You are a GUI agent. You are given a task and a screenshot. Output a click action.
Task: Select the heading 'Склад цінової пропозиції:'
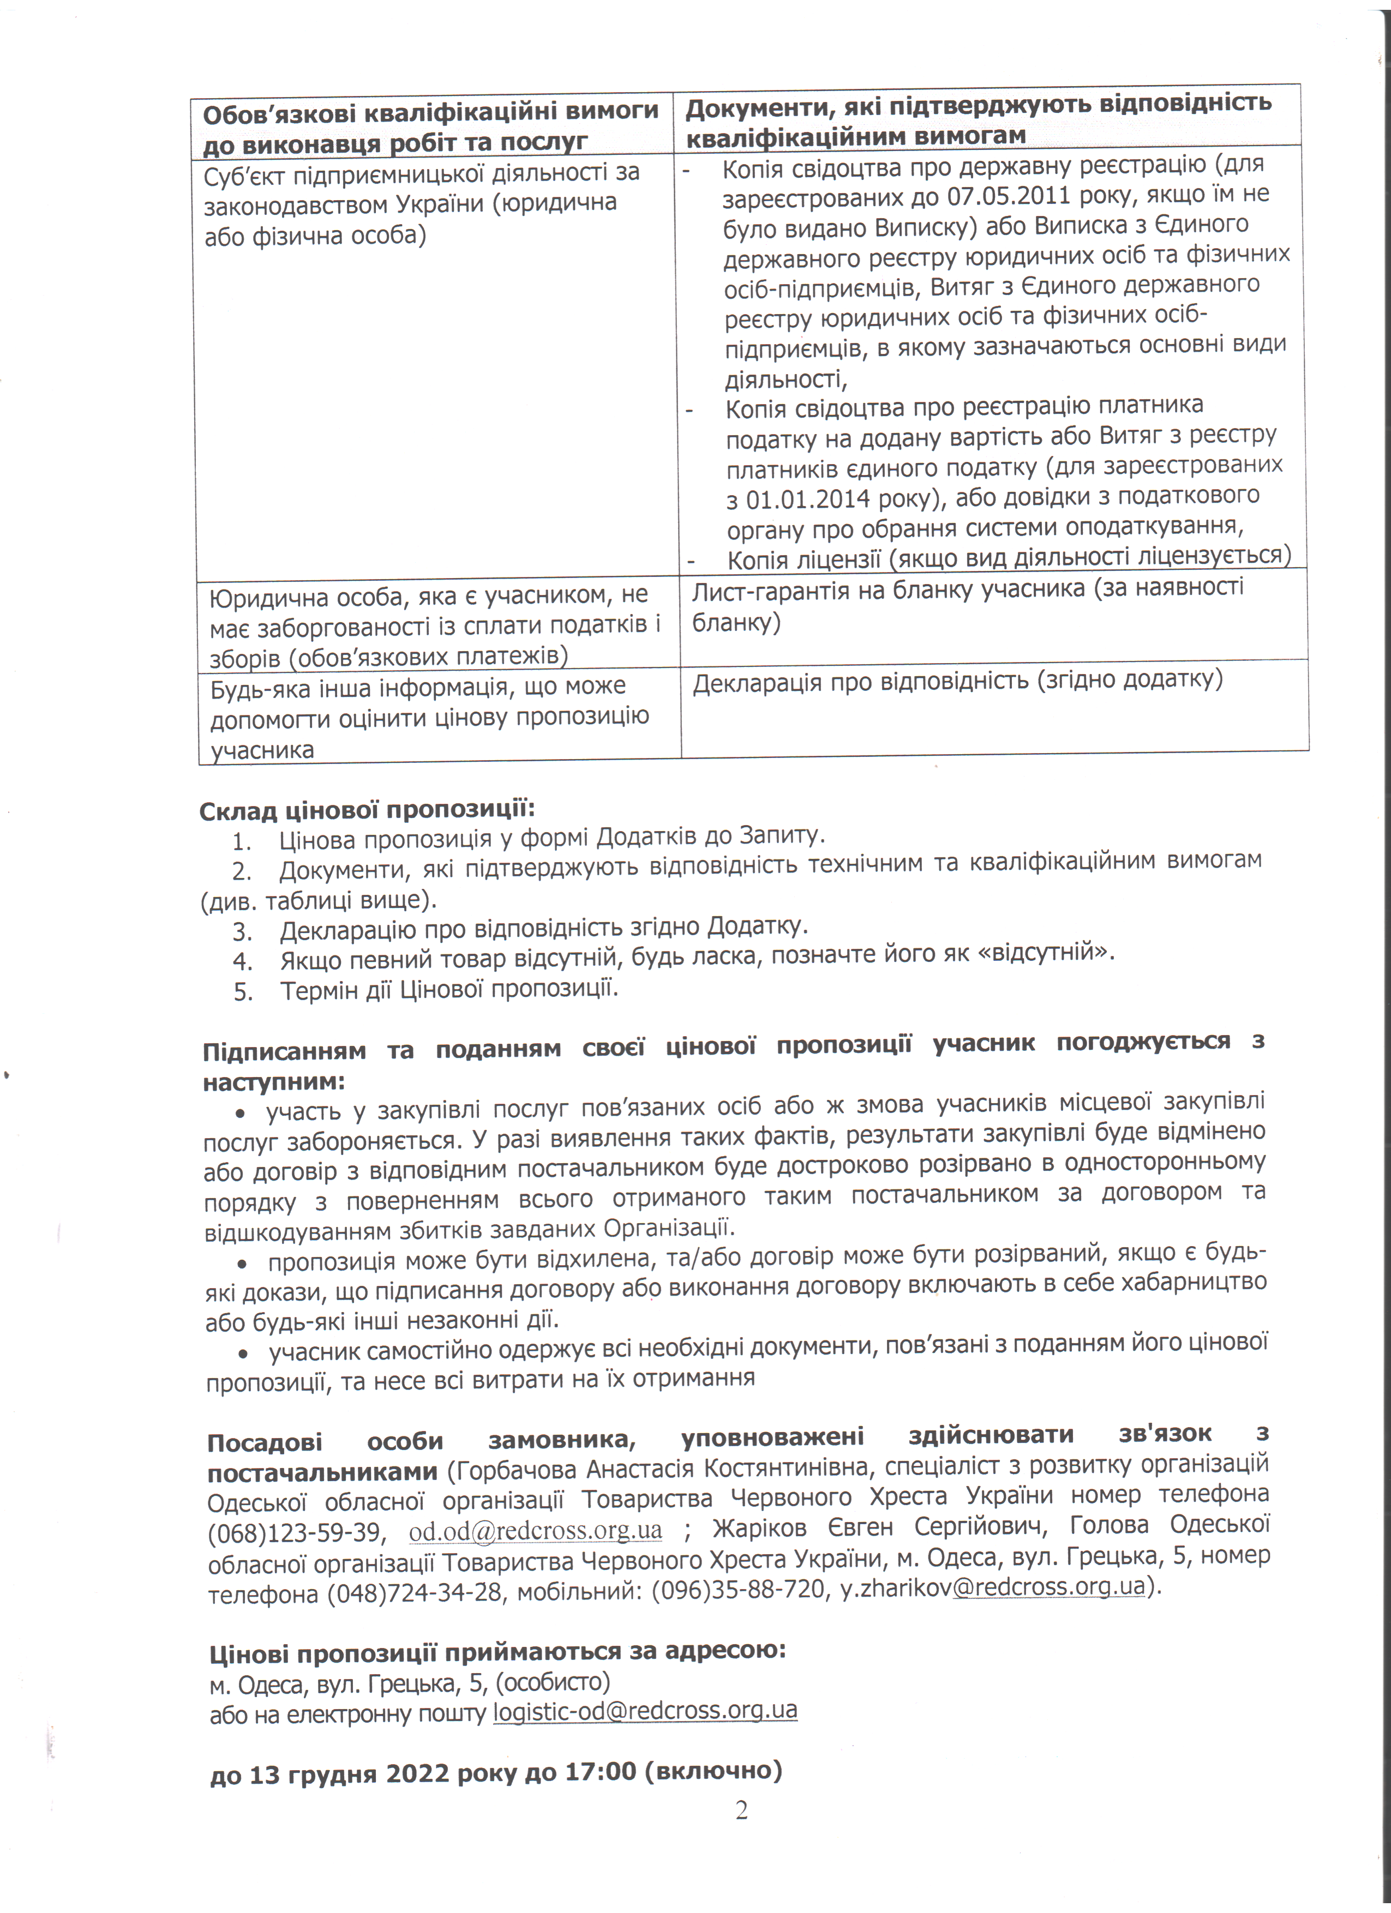(367, 810)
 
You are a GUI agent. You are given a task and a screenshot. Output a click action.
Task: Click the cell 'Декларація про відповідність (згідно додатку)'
(957, 681)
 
